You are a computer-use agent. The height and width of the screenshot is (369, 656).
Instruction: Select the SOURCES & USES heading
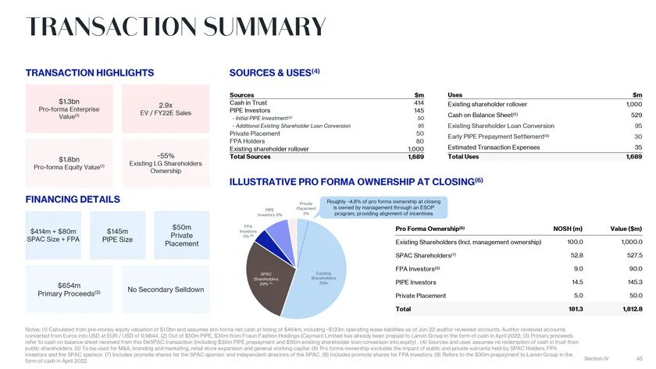(275, 73)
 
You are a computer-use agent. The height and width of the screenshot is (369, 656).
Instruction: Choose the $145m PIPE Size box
(117, 235)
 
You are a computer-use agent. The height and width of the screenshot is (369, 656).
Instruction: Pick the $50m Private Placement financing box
(181, 235)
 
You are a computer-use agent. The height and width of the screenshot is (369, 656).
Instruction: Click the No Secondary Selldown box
(165, 289)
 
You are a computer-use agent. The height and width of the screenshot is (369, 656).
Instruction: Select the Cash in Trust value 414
(419, 102)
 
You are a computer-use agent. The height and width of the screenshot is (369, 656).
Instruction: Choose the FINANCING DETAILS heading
(73, 199)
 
